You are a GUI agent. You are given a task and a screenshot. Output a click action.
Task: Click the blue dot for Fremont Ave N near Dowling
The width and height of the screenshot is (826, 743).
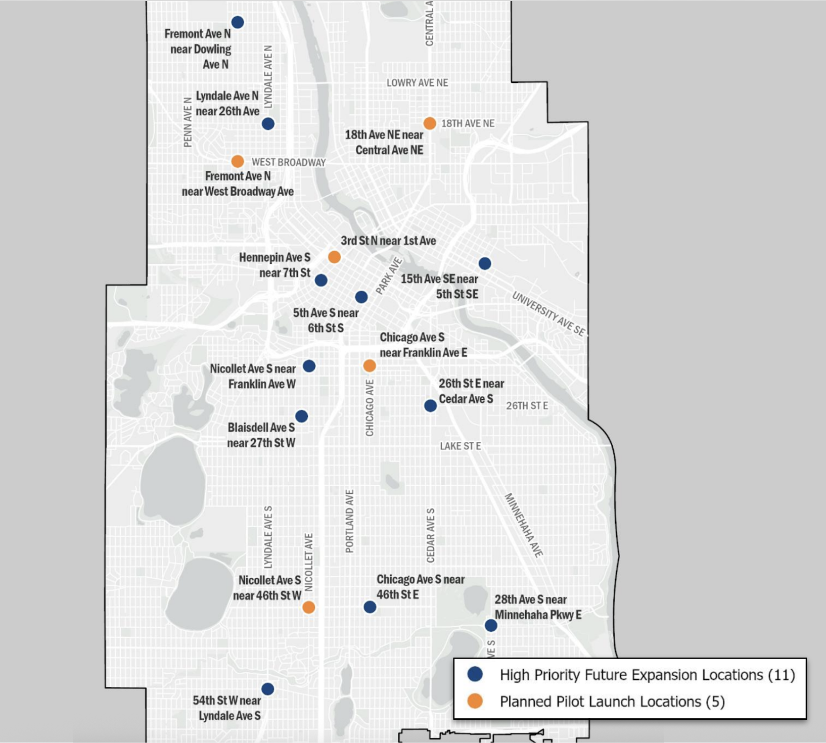(x=238, y=22)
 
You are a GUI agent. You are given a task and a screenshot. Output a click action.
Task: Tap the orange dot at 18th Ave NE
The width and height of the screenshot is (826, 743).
(x=430, y=123)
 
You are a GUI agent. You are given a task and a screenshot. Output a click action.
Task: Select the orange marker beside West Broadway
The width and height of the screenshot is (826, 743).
(x=238, y=161)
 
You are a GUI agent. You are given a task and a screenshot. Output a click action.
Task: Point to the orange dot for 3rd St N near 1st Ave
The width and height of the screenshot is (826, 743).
(x=334, y=257)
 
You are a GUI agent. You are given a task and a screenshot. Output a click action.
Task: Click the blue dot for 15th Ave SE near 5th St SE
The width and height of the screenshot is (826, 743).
(x=485, y=263)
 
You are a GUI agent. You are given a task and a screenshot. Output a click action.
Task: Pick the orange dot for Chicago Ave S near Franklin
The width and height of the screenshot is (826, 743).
(x=370, y=365)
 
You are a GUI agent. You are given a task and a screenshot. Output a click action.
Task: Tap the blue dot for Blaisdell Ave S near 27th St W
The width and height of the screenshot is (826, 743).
(x=302, y=416)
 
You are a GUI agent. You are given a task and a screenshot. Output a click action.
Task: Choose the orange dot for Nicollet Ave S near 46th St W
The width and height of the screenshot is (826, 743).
(x=309, y=607)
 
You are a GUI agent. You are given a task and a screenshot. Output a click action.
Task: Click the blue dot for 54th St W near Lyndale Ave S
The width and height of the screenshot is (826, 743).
(x=268, y=689)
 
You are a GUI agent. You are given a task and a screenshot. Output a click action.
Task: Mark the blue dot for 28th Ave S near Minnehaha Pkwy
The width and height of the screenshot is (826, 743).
(x=491, y=625)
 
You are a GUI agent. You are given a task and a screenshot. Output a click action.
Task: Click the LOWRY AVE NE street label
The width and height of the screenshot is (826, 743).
(x=417, y=83)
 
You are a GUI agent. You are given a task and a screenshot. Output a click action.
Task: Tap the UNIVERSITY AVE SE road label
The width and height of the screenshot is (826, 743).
(x=548, y=314)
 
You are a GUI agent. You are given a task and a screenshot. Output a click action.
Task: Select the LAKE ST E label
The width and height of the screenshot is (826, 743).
(x=460, y=446)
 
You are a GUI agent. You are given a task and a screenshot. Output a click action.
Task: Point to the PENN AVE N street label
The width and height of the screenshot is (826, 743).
(x=188, y=122)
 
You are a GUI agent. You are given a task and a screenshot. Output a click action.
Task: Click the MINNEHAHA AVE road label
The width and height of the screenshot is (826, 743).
(x=524, y=525)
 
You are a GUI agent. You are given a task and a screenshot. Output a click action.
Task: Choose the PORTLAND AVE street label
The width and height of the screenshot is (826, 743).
(x=349, y=521)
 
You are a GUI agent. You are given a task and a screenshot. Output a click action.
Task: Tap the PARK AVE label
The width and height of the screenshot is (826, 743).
(x=389, y=276)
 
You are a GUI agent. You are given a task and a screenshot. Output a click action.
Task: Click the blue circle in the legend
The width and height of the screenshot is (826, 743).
(x=475, y=674)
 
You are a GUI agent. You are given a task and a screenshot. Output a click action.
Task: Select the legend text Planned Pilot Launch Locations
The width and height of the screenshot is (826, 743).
(x=612, y=702)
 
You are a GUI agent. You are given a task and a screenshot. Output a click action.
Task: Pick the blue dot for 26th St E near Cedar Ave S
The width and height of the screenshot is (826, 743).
(x=430, y=405)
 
